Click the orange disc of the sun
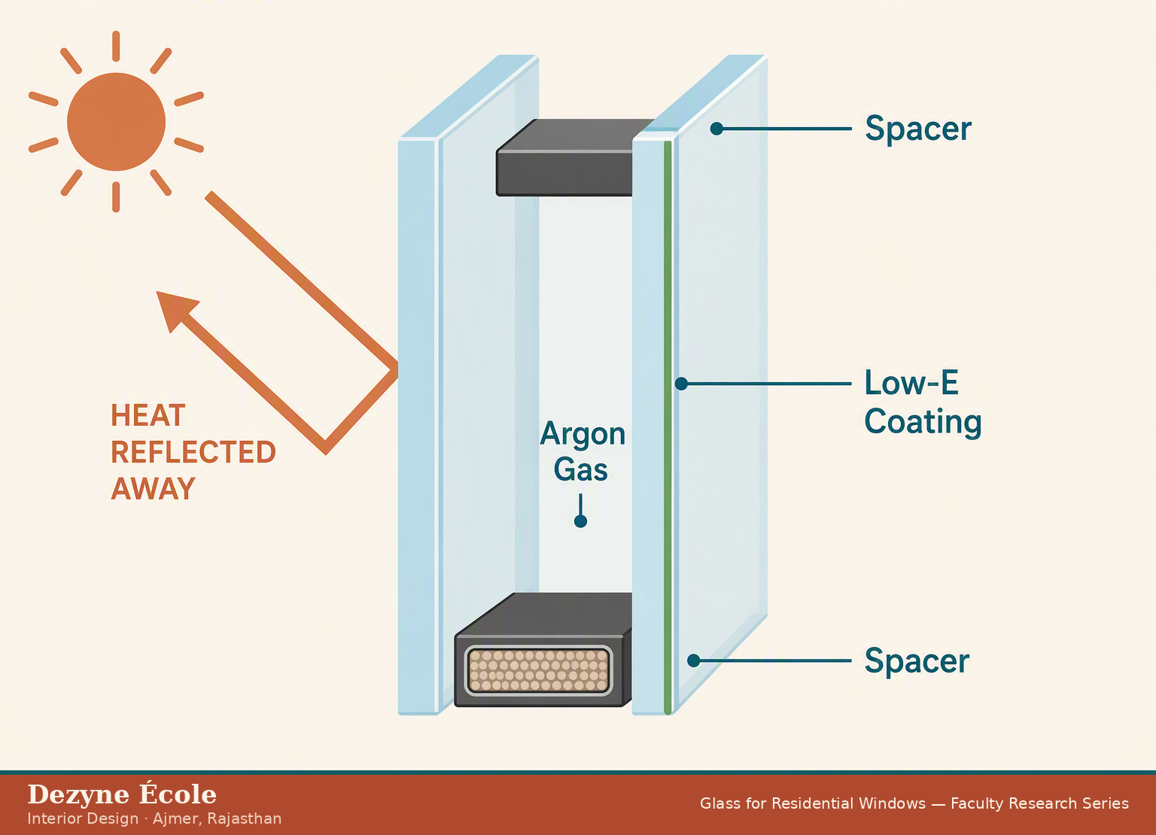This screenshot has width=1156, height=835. pyautogui.click(x=116, y=122)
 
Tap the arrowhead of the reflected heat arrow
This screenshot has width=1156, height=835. pyautogui.click(x=175, y=309)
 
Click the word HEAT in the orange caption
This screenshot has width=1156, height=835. pyautogui.click(x=148, y=416)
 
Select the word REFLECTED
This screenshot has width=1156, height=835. pyautogui.click(x=193, y=452)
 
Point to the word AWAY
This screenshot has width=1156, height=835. pyautogui.click(x=154, y=489)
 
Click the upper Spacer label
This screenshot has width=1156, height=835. pyautogui.click(x=918, y=129)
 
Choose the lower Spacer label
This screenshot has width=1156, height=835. pyautogui.click(x=917, y=660)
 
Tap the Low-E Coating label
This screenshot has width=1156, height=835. pyautogui.click(x=923, y=402)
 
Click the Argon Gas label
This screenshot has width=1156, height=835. pyautogui.click(x=582, y=451)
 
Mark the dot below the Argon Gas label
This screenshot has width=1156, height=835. pyautogui.click(x=580, y=521)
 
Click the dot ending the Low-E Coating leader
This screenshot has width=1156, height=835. pyautogui.click(x=681, y=384)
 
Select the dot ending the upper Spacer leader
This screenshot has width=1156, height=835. pyautogui.click(x=716, y=129)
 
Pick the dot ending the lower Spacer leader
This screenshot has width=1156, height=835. pyautogui.click(x=694, y=660)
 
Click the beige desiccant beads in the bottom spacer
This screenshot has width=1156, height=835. pyautogui.click(x=539, y=670)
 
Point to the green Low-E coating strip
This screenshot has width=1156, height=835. pyautogui.click(x=668, y=427)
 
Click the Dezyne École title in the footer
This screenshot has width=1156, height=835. pyautogui.click(x=122, y=795)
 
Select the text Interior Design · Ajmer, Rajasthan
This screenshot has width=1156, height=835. pyautogui.click(x=154, y=819)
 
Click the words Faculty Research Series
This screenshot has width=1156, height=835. pyautogui.click(x=1039, y=803)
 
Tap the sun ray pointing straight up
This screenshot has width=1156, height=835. pyautogui.click(x=116, y=47)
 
